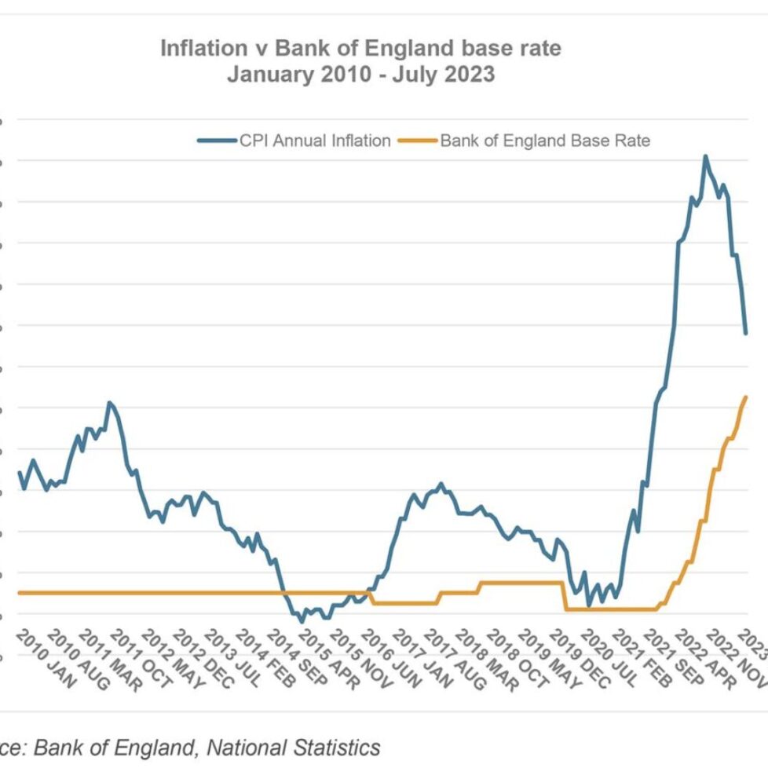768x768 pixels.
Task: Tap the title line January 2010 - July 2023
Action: point(360,75)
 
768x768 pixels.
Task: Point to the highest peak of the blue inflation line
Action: point(704,156)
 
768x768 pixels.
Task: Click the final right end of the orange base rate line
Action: point(746,397)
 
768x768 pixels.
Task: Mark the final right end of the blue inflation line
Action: point(745,333)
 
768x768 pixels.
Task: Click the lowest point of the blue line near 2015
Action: point(302,622)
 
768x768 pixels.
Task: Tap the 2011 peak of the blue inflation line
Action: point(109,402)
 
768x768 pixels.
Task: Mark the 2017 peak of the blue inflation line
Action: point(441,484)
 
